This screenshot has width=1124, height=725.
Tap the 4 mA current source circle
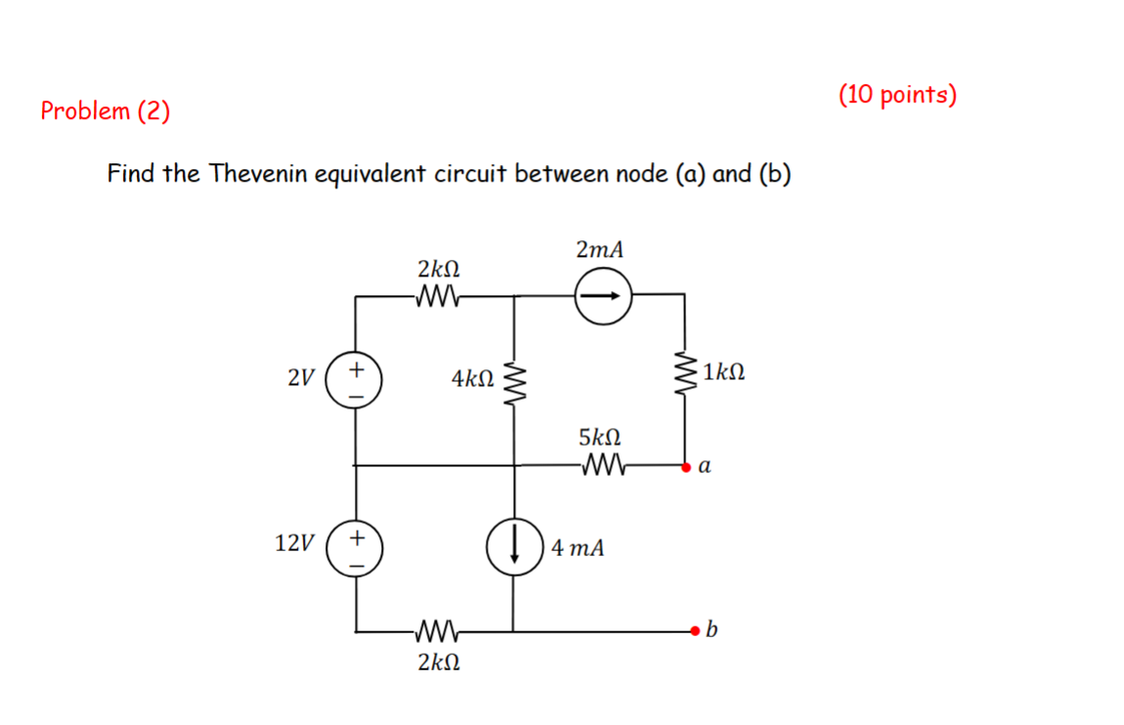coord(515,546)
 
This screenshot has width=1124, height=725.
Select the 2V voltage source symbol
coord(355,382)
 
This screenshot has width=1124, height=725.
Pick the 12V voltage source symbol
coord(355,548)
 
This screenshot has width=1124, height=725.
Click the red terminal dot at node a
coord(686,467)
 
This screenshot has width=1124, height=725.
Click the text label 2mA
coord(599,250)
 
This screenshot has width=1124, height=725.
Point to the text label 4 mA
coord(578,548)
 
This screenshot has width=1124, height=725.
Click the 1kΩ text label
coord(724,372)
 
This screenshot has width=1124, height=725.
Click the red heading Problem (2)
coord(105,111)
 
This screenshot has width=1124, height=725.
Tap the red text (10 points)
coord(897,95)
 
